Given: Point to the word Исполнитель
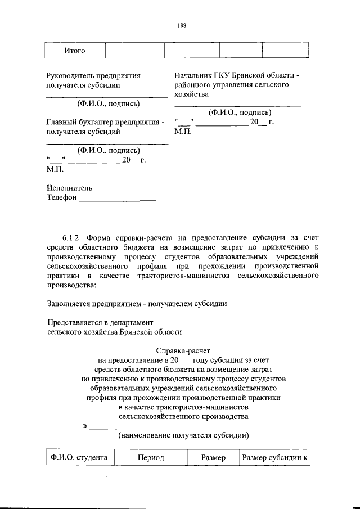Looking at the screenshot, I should tap(69, 188).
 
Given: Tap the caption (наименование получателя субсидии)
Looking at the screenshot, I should tap(183, 435).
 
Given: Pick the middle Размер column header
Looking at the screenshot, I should tap(213, 458).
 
